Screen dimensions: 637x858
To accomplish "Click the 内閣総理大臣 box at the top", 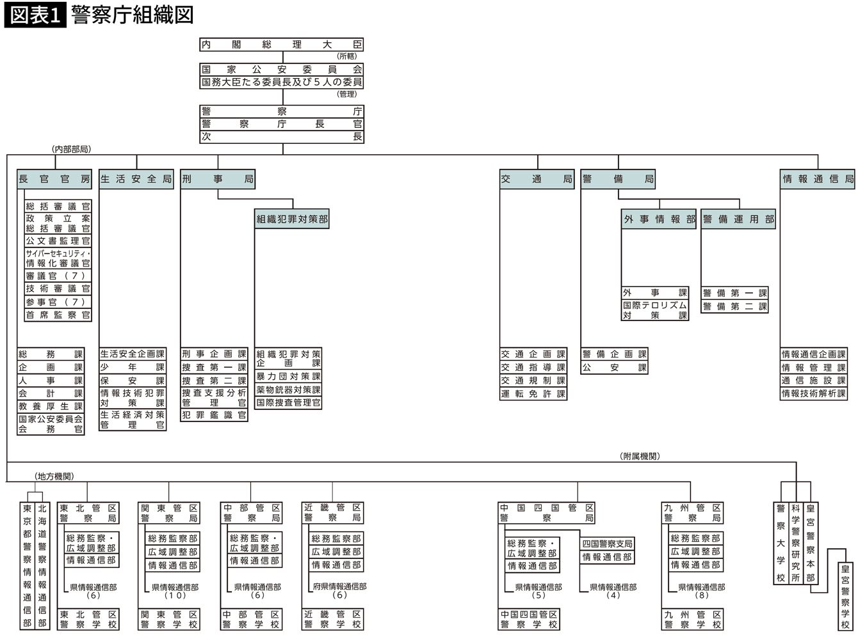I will pyautogui.click(x=282, y=45).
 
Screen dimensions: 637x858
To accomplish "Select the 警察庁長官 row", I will pyautogui.click(x=282, y=124).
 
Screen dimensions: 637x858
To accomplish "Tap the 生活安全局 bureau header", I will pyautogui.click(x=136, y=180).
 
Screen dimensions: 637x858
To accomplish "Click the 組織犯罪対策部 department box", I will pyautogui.click(x=292, y=219).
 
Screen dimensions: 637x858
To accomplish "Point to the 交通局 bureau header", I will pyautogui.click(x=537, y=180).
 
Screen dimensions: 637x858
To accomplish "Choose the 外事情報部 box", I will pyautogui.click(x=659, y=219).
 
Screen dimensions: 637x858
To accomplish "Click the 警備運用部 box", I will pyautogui.click(x=738, y=219).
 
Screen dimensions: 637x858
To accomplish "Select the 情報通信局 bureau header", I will pyautogui.click(x=818, y=180).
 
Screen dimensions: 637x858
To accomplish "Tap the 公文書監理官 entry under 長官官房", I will pyautogui.click(x=58, y=241).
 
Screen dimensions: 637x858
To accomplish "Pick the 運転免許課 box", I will pyautogui.click(x=533, y=394).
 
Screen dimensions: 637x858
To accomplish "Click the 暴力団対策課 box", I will pyautogui.click(x=289, y=377).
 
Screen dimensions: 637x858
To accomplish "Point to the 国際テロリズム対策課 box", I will pyautogui.click(x=655, y=310).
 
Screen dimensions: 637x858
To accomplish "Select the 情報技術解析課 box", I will pyautogui.click(x=814, y=394).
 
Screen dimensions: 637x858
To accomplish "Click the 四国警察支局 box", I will pyautogui.click(x=607, y=544).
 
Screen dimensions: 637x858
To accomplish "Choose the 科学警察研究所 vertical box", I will pyautogui.click(x=795, y=543).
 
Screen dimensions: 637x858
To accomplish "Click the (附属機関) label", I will pyautogui.click(x=640, y=456).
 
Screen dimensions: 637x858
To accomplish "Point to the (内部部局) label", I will pyautogui.click(x=71, y=149).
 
